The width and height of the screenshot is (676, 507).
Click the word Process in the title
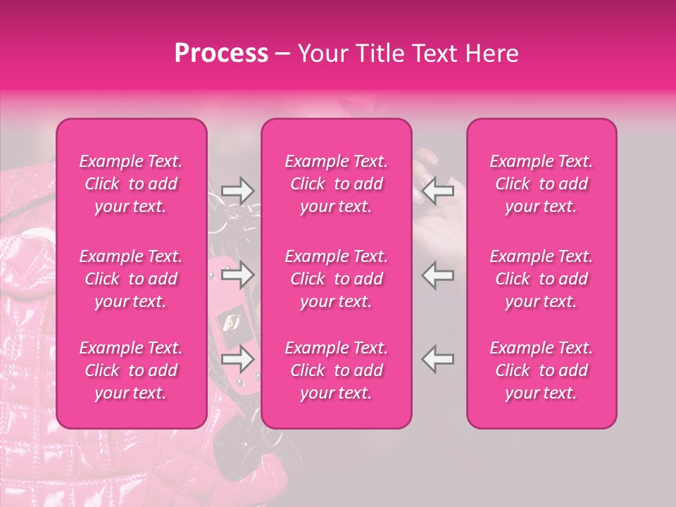[221, 54]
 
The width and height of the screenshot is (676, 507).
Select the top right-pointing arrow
[237, 190]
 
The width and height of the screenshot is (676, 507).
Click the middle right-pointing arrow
[237, 275]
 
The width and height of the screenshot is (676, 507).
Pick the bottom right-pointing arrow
[237, 360]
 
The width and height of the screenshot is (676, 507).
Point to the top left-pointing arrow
[438, 190]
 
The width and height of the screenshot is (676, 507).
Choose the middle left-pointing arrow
[438, 275]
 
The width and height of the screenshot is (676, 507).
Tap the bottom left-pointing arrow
[438, 360]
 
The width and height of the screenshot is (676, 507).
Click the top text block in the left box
[131, 184]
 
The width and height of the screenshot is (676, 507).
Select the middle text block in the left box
[131, 279]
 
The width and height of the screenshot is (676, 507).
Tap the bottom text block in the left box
[131, 370]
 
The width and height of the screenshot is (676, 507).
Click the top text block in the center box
[337, 184]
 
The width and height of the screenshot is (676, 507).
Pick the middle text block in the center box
[337, 279]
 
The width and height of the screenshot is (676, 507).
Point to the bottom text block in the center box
[337, 370]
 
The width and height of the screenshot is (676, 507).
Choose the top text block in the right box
[542, 184]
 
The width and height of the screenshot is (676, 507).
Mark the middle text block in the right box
[542, 279]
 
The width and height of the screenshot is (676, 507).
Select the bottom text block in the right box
[542, 370]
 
